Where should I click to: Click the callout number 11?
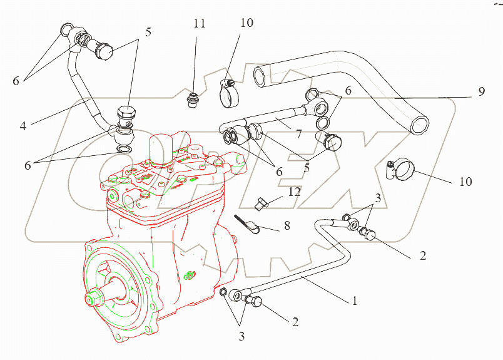pyautogui.click(x=199, y=24)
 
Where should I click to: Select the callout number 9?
pyautogui.click(x=480, y=91)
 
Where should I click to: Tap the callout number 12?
pyautogui.click(x=294, y=192)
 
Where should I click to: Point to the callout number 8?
pyautogui.click(x=287, y=225)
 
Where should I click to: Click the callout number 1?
pyautogui.click(x=354, y=301)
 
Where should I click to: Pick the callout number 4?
pyautogui.click(x=23, y=125)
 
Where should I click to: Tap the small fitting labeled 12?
pyautogui.click(x=262, y=203)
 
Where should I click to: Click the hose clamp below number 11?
pyautogui.click(x=229, y=93)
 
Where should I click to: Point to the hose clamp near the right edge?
pyautogui.click(x=401, y=170)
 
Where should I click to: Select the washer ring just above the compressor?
pyautogui.click(x=124, y=150)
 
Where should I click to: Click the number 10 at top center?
pyautogui.click(x=246, y=24)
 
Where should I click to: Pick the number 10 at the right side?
pyautogui.click(x=465, y=182)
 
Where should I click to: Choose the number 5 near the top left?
pyautogui.click(x=148, y=33)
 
